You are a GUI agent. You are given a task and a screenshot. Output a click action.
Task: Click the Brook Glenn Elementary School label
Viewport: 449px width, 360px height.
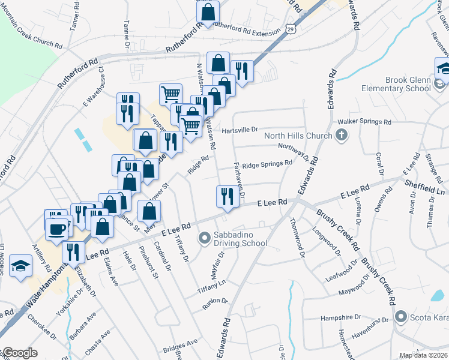point(396,84)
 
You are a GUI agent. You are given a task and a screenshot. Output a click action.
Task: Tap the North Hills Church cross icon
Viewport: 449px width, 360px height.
point(342,135)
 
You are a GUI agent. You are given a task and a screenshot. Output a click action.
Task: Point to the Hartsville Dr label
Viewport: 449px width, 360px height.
point(239,129)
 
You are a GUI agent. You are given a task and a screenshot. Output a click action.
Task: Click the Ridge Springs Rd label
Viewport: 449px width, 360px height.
point(267,163)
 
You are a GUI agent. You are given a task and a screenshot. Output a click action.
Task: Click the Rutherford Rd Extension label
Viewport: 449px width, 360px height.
point(246,33)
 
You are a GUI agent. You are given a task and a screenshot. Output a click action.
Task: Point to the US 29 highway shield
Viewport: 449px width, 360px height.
point(291,28)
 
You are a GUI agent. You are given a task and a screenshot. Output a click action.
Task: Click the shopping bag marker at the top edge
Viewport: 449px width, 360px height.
point(208,11)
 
